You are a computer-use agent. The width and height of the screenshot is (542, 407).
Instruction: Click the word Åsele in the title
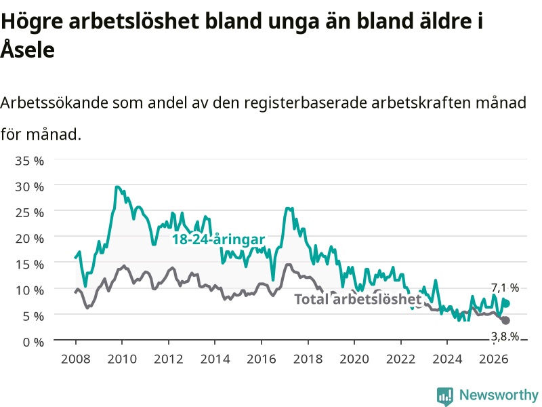pos(28,49)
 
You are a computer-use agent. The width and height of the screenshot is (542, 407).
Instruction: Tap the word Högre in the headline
pos(32,22)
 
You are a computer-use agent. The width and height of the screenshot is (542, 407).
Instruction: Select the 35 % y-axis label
pos(30,161)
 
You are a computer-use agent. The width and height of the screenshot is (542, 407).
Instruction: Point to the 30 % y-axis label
pos(30,187)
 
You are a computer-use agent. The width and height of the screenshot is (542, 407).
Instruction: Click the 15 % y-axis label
pos(30,265)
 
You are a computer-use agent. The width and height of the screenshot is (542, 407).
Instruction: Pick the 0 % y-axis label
pos(33,342)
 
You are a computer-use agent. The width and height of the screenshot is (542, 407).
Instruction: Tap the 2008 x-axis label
pos(76,359)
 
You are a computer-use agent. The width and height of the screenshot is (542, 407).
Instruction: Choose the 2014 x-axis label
pos(215,359)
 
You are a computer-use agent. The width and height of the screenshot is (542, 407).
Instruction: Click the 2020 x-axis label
pos(354,359)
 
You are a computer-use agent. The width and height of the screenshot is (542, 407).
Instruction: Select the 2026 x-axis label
pos(494,359)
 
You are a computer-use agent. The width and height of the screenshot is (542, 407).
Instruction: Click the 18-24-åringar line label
pos(218,239)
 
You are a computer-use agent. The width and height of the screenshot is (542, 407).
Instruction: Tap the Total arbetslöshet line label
pos(358,299)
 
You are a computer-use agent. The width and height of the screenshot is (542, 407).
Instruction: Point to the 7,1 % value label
pos(505,288)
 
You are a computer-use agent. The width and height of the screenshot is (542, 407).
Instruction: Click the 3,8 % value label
pos(505,336)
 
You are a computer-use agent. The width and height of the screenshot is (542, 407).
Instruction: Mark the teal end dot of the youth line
pos(506,304)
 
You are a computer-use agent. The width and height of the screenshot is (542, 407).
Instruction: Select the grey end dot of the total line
pos(505,320)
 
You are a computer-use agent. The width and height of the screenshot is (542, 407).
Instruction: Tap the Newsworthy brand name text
pos(499,395)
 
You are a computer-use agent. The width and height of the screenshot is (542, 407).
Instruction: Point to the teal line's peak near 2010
pos(117,187)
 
